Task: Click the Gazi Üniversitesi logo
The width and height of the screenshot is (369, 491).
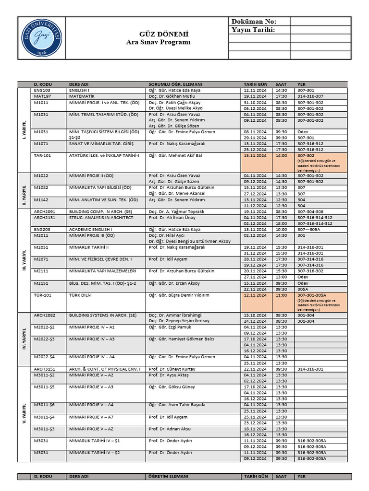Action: pyautogui.click(x=41, y=38)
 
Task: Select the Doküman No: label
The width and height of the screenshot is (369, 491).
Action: pyautogui.click(x=254, y=22)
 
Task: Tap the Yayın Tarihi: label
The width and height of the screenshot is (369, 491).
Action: pyautogui.click(x=253, y=30)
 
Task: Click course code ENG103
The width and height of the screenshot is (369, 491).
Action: pyautogui.click(x=42, y=90)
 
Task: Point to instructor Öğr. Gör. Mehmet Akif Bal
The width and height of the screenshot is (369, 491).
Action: pyautogui.click(x=175, y=156)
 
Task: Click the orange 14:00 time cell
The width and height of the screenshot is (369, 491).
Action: pyautogui.click(x=282, y=156)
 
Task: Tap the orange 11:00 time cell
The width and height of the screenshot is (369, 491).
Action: pyautogui.click(x=282, y=295)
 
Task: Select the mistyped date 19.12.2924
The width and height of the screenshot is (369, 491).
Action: pyautogui.click(x=255, y=265)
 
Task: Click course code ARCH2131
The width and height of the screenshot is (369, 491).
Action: pyautogui.click(x=45, y=217)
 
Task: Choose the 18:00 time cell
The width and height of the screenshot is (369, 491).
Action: pyautogui.click(x=282, y=223)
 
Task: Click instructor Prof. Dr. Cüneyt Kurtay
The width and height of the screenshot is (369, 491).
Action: pyautogui.click(x=172, y=369)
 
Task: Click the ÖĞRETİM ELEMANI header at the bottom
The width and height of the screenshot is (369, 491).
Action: pyautogui.click(x=168, y=477)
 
